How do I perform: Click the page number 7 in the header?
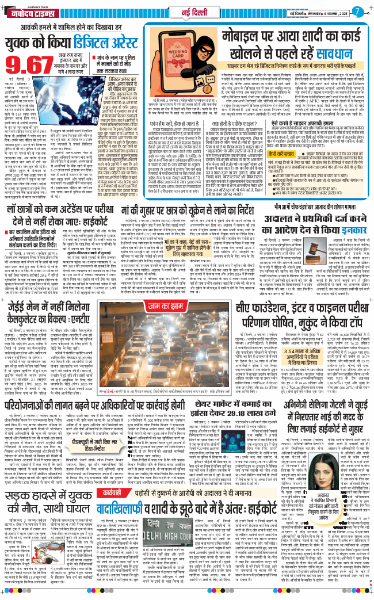[357, 11]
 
